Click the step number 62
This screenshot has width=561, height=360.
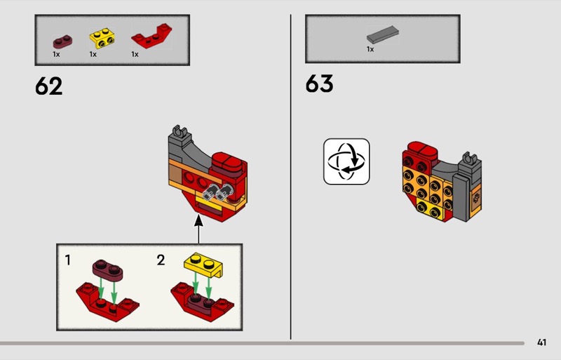[x=48, y=86]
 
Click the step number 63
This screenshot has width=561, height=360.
[x=319, y=84]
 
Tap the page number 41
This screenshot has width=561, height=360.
[x=541, y=342]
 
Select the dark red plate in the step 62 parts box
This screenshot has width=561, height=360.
[x=62, y=42]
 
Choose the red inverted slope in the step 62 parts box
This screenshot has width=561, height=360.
[x=151, y=36]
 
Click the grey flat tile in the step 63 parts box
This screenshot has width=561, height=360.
[x=382, y=35]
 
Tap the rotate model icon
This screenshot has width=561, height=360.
[x=346, y=161]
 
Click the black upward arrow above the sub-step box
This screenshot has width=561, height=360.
[x=198, y=229]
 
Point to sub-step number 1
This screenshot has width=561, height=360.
[x=67, y=260]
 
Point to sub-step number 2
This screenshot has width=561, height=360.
[x=161, y=260]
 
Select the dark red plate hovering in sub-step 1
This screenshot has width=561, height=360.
[x=107, y=269]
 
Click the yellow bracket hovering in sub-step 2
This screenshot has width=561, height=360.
[x=203, y=265]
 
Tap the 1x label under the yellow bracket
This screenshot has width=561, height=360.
[x=93, y=54]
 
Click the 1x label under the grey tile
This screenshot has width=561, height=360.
[x=370, y=49]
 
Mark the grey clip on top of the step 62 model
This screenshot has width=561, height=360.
[x=181, y=133]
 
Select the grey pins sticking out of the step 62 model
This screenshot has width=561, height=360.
[x=218, y=192]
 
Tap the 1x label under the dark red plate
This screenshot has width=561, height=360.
[x=56, y=54]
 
